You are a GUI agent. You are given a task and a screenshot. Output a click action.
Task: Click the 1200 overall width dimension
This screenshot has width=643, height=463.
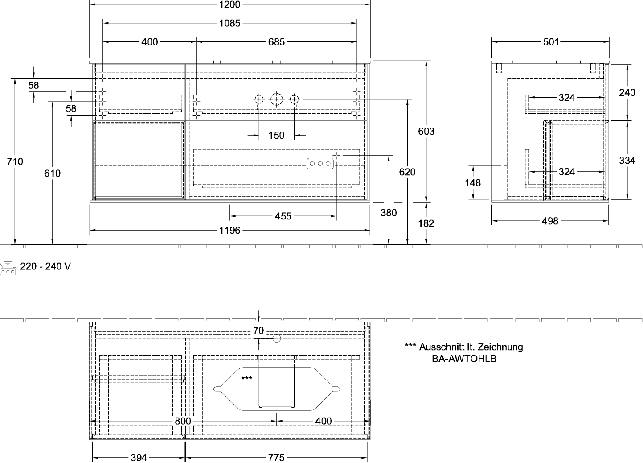pyautogui.click(x=230, y=4)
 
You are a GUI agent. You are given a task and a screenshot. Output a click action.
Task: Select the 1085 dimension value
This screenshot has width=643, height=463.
pyautogui.click(x=230, y=24)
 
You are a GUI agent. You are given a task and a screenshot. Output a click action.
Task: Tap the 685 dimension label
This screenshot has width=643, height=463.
pyautogui.click(x=277, y=42)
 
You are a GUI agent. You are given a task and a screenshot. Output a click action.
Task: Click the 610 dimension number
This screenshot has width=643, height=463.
pyautogui.click(x=53, y=173)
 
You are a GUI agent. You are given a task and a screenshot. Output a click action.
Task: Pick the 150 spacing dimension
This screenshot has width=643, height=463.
pyautogui.click(x=277, y=135)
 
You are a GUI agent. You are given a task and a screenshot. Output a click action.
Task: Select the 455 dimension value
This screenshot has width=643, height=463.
pyautogui.click(x=283, y=216)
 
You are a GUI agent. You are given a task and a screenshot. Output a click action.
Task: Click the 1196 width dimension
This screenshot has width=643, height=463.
pyautogui.click(x=230, y=231)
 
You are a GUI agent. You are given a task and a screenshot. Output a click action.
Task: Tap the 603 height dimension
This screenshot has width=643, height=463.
pyautogui.click(x=426, y=131)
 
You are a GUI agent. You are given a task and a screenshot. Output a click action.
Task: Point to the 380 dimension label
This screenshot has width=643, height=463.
pyautogui.click(x=389, y=213)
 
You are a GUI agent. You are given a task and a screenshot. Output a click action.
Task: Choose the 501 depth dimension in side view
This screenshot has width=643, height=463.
pyautogui.click(x=551, y=42)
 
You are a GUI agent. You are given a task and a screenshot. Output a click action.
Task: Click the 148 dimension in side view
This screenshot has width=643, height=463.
pyautogui.click(x=473, y=182)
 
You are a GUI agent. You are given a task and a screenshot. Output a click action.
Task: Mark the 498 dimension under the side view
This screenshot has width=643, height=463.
pyautogui.click(x=551, y=221)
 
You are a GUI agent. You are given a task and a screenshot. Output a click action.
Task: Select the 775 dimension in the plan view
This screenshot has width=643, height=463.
pyautogui.click(x=277, y=458)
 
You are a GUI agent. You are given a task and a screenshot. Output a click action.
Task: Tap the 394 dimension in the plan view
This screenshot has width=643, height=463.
pyautogui.click(x=138, y=458)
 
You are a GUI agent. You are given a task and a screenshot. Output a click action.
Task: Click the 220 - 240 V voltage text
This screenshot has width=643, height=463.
pyautogui.click(x=45, y=266)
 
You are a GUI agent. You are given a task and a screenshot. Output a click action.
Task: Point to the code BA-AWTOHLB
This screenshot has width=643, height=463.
pyautogui.click(x=464, y=358)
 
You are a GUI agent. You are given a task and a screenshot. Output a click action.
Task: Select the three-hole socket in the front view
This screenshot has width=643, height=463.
pyautogui.click(x=320, y=164)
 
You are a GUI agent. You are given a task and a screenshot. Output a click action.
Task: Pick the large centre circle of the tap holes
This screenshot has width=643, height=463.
pyautogui.click(x=277, y=99)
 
